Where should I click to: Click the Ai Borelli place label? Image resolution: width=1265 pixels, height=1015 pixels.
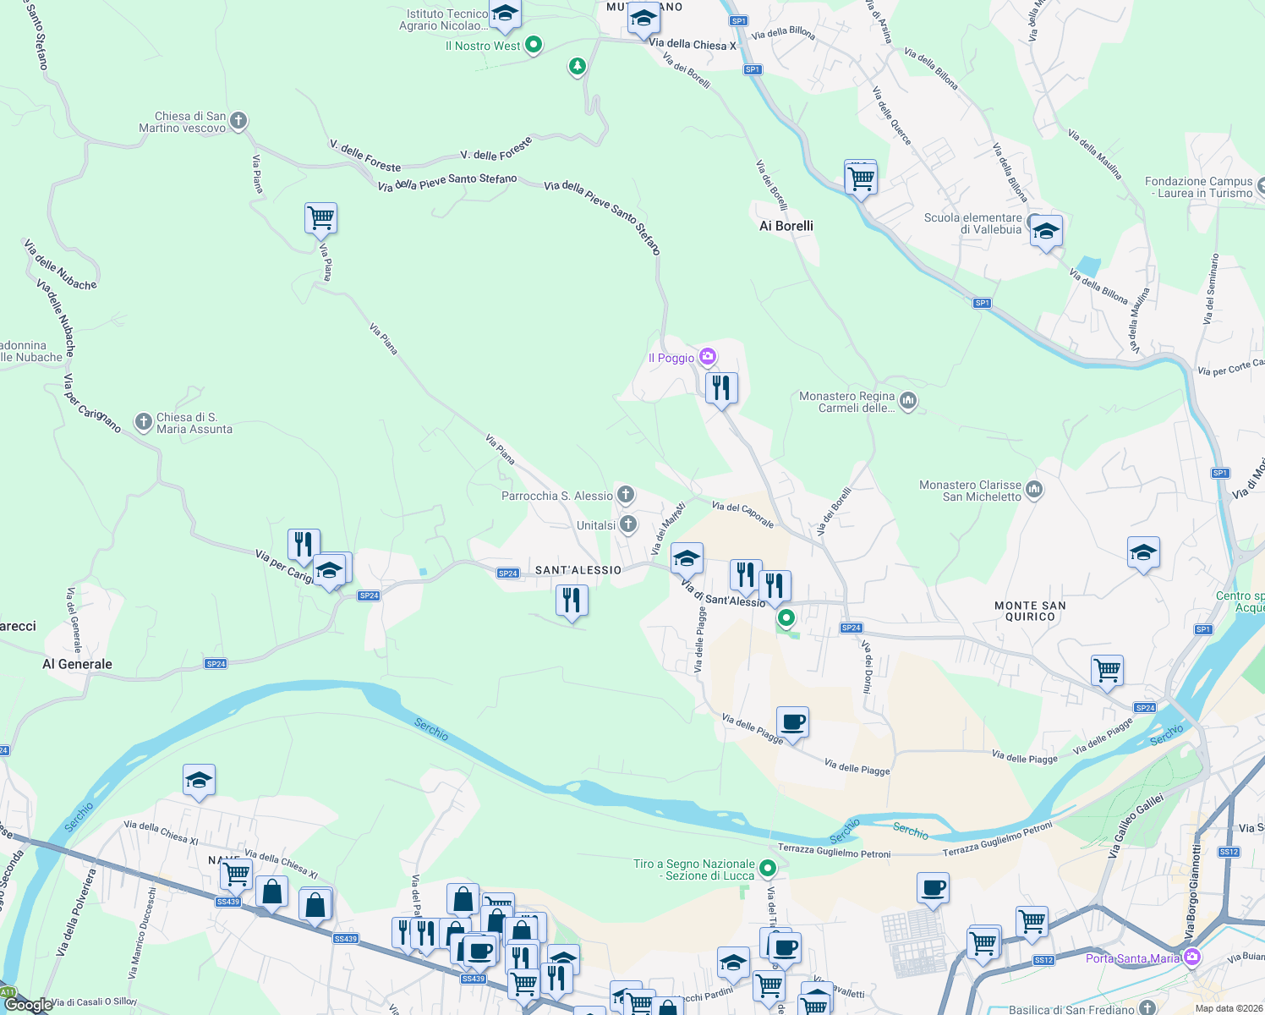[x=786, y=226]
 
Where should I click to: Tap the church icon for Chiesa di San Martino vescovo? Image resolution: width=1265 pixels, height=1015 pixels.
[x=238, y=121]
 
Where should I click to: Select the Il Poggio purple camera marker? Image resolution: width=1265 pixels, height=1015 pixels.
[x=708, y=357]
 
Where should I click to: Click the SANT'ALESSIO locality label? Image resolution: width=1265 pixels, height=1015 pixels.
[x=578, y=570]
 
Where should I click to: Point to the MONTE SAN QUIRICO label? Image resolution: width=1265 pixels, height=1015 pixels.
[x=1030, y=611]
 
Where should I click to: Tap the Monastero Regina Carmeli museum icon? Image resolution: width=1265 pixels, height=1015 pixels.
[x=908, y=400]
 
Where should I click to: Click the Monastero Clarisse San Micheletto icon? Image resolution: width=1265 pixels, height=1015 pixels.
[x=1034, y=490]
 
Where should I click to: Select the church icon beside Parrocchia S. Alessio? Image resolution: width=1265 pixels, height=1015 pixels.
[x=626, y=494]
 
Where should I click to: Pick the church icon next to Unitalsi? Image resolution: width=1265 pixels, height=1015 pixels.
[x=628, y=524]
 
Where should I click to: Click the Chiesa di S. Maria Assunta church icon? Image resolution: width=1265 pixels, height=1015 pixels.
[x=144, y=421]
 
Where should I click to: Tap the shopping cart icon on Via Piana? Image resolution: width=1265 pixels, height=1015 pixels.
[x=321, y=217]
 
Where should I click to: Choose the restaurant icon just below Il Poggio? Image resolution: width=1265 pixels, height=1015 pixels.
[x=721, y=387]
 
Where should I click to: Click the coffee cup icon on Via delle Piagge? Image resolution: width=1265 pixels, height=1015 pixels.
[x=792, y=721]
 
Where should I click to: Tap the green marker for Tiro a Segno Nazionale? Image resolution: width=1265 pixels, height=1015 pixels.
[x=768, y=868]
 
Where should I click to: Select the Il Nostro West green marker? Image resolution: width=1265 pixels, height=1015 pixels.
[x=534, y=45]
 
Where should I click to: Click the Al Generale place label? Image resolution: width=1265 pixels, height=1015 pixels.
[x=77, y=664]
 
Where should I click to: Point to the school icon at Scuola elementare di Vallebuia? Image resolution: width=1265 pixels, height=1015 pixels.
[x=1046, y=230]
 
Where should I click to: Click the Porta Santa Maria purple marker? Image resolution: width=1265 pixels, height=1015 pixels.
[x=1192, y=957]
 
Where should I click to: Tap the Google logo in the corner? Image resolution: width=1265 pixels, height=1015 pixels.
[x=27, y=1005]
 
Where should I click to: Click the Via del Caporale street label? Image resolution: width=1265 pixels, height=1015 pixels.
[x=742, y=513]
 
